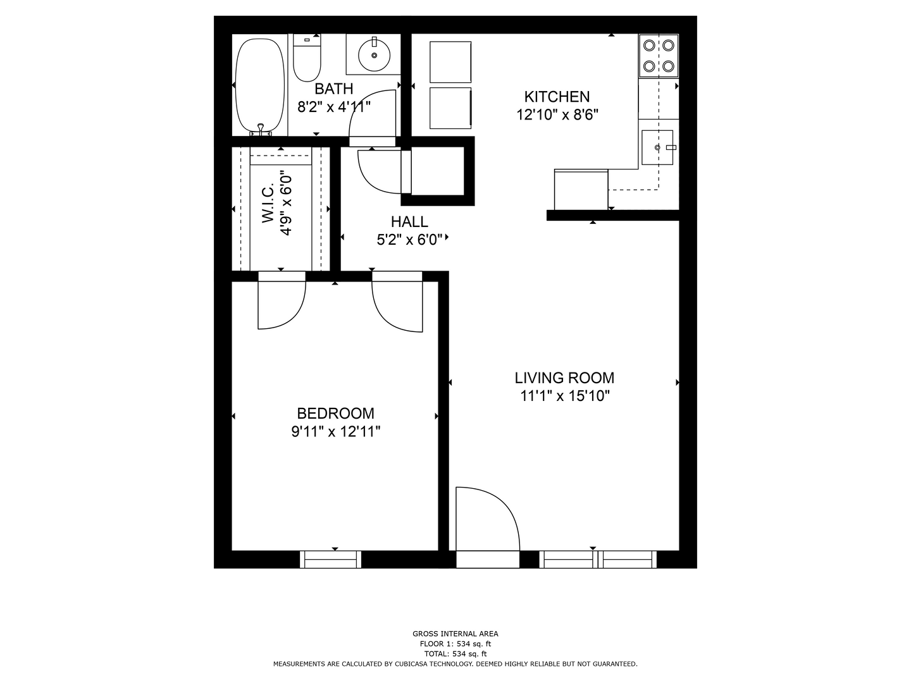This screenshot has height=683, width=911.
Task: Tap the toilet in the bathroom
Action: coord(307,58)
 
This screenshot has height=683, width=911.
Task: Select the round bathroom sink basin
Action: coord(374,55)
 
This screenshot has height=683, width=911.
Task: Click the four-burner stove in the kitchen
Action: coord(658,56)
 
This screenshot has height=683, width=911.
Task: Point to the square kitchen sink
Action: coord(657,147)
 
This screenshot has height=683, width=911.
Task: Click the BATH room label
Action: coord(333,89)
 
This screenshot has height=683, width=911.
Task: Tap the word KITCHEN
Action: coord(557,97)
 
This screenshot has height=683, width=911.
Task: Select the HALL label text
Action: coord(409,222)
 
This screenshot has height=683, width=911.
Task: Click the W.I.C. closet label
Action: coord(268,203)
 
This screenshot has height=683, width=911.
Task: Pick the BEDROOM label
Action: coord(335,414)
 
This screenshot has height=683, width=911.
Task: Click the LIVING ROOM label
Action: coord(564,378)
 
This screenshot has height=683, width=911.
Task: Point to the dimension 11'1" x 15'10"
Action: coord(565,396)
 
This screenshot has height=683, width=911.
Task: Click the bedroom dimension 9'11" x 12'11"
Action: coord(335,432)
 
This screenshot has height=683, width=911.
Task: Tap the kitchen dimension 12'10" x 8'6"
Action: coord(557,114)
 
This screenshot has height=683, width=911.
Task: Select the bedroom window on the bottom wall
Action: coord(330,560)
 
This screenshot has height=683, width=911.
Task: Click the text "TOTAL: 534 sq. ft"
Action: coord(455,654)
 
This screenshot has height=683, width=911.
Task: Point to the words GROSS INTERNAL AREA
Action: coord(455,634)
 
